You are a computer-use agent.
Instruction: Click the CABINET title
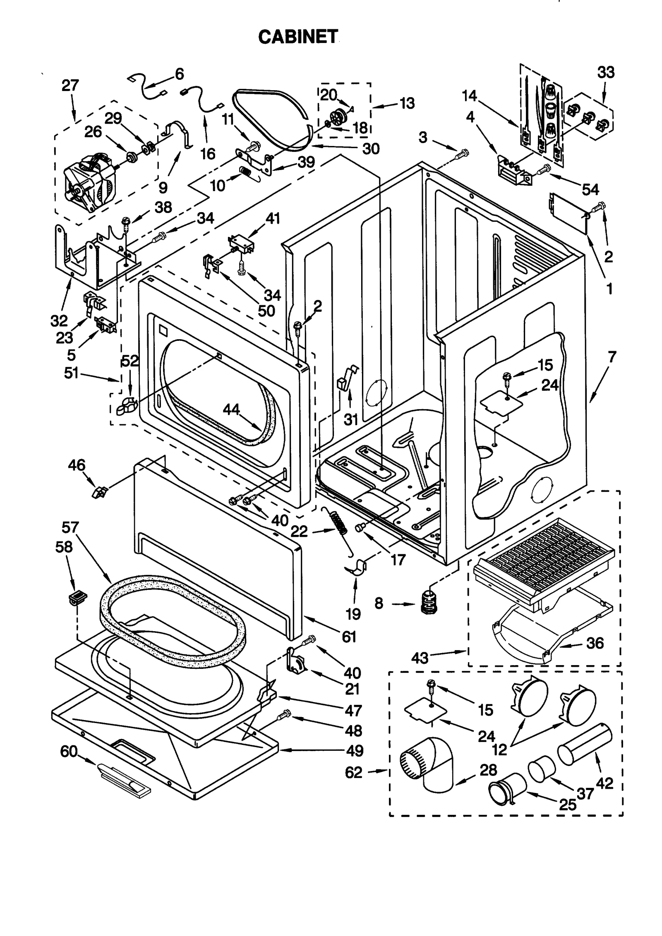297,37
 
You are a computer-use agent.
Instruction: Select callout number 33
605,73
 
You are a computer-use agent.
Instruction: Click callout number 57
70,527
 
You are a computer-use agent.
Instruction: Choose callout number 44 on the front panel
232,409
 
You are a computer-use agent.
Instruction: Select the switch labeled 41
241,244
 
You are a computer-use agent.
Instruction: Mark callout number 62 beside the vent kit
353,772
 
